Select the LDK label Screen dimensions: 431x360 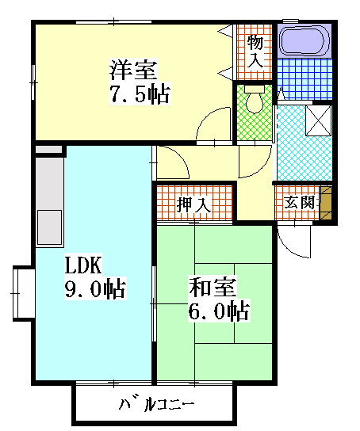click(x=81, y=265)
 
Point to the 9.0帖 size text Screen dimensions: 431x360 click(x=94, y=289)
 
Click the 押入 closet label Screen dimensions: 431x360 click(x=193, y=204)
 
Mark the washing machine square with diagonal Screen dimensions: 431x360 click(x=319, y=121)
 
